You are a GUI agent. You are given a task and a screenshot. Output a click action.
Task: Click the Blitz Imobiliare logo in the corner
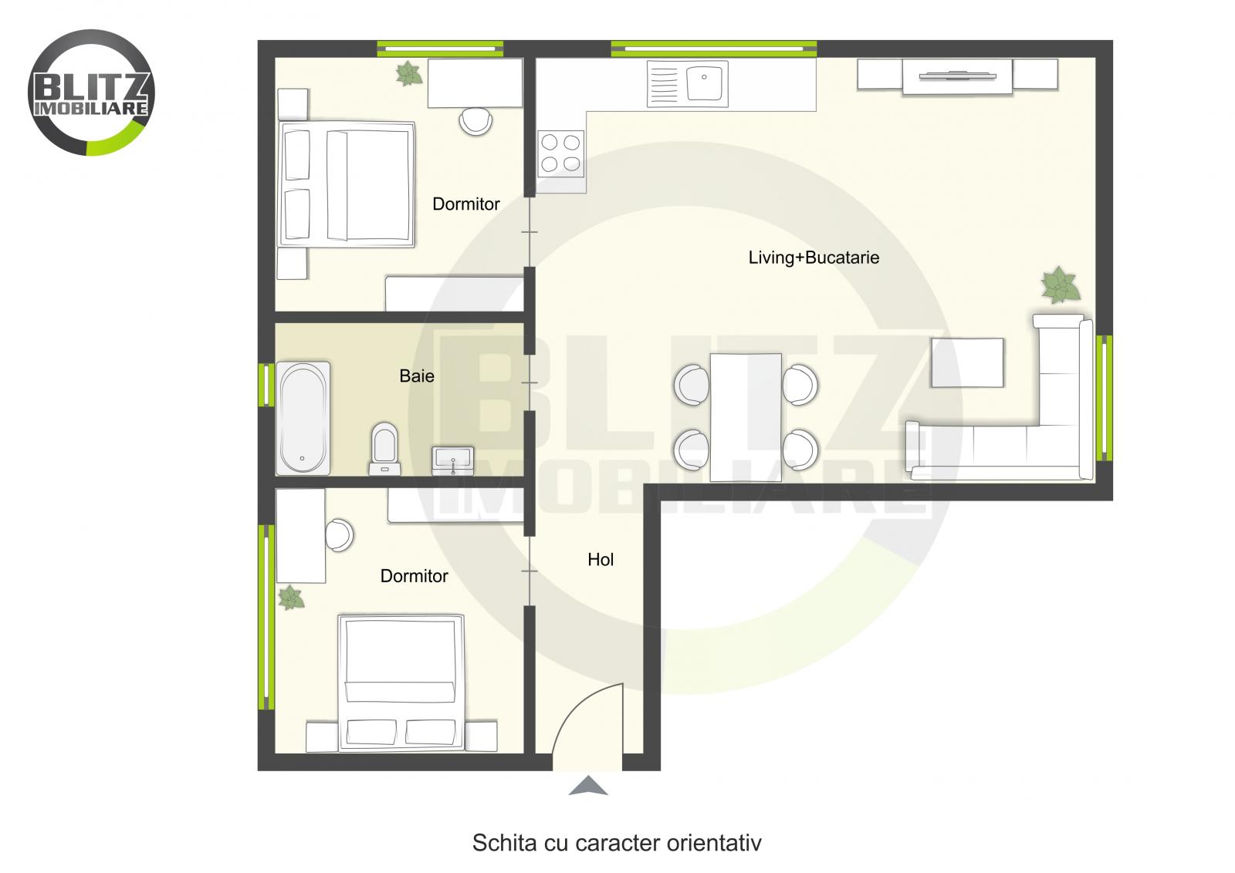(91, 93)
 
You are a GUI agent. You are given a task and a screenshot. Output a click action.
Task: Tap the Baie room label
(417, 376)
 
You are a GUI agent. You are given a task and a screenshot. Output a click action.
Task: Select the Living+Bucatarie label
(814, 258)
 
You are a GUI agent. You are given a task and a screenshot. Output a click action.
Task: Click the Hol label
(601, 560)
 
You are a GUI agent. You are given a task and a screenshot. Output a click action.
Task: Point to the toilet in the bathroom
(384, 447)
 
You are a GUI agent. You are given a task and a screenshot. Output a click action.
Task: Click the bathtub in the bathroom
(303, 418)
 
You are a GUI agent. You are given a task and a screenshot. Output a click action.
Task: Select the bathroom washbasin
(452, 460)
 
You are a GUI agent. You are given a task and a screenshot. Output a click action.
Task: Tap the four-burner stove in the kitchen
(560, 153)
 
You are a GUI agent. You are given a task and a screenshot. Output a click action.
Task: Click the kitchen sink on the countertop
(687, 84)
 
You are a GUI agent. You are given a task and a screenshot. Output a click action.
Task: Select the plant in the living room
(1061, 285)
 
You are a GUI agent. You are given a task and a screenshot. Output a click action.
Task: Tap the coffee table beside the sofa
(967, 362)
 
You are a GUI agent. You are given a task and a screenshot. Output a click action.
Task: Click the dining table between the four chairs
(746, 416)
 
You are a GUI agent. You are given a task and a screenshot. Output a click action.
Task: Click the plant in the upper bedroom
(408, 74)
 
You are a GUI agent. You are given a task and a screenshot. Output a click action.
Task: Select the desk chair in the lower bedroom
(339, 534)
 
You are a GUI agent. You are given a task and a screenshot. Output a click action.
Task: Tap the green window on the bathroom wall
(266, 384)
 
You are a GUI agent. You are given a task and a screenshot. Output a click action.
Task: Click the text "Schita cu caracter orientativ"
(617, 843)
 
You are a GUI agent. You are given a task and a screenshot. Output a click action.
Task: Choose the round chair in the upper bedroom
(475, 121)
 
